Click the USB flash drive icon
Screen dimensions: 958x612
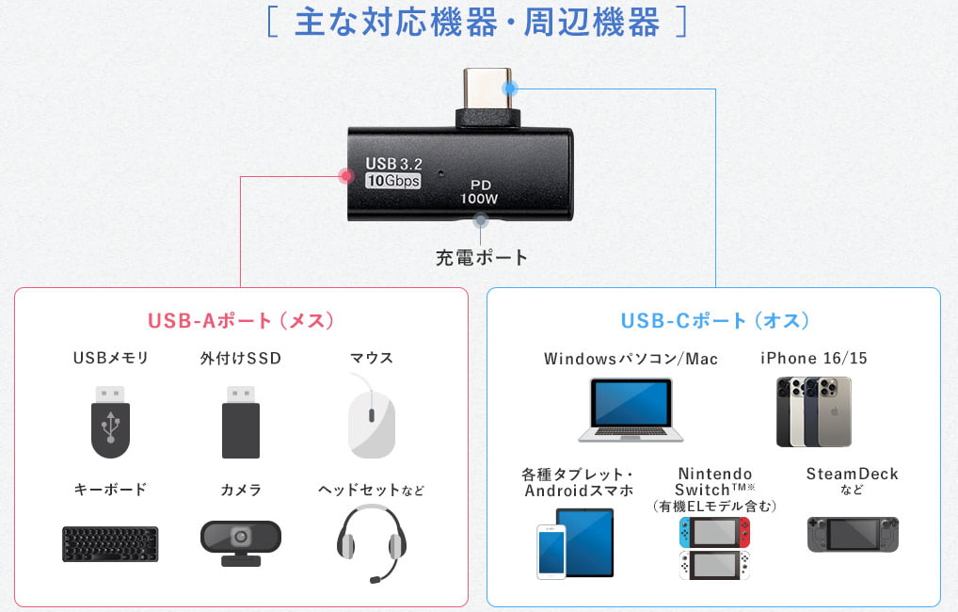[x=111, y=422]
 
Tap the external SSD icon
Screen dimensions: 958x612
[x=241, y=422]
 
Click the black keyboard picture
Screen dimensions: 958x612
[x=110, y=543]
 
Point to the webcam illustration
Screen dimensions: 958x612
[x=241, y=542]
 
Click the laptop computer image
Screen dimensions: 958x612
[x=631, y=410]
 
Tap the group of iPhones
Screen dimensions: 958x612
[x=814, y=411]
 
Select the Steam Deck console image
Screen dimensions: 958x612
[x=853, y=535]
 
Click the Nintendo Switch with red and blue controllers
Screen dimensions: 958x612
[x=714, y=533]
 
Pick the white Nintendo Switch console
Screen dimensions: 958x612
[x=714, y=565]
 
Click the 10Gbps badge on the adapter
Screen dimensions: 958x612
[x=392, y=181]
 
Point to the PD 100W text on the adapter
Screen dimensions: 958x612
[x=480, y=191]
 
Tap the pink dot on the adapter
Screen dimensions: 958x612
[x=346, y=176]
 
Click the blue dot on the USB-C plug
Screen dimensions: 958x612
[x=510, y=89]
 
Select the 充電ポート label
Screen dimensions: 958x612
[x=482, y=257]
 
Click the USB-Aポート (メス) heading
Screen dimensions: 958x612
[x=241, y=320]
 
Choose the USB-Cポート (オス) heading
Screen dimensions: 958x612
[x=715, y=320]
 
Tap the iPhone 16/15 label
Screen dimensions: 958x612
[x=814, y=359]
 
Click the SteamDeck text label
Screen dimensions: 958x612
[x=853, y=474]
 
